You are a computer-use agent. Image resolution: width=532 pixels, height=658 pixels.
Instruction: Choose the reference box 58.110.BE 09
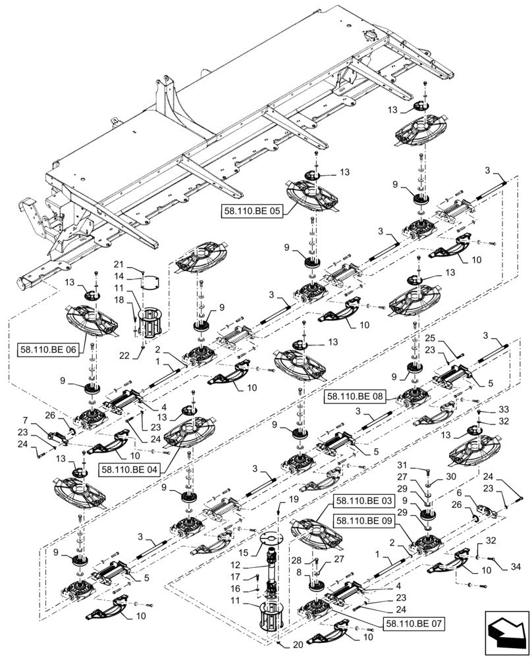tap(365, 520)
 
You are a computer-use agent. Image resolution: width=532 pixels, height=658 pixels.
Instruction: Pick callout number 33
tap(503, 410)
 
